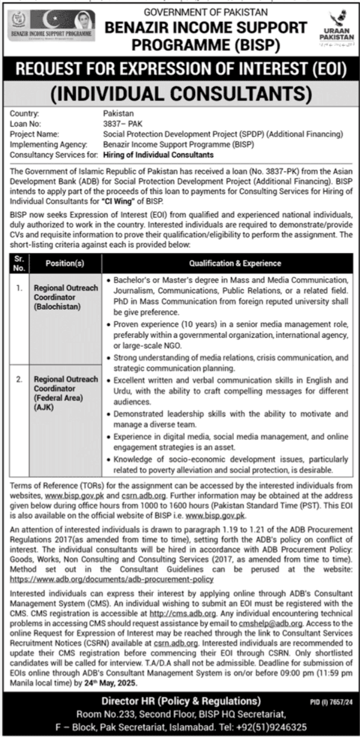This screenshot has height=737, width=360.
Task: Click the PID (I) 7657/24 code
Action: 334,701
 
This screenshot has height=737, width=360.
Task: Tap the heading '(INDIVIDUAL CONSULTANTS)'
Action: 180,93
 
